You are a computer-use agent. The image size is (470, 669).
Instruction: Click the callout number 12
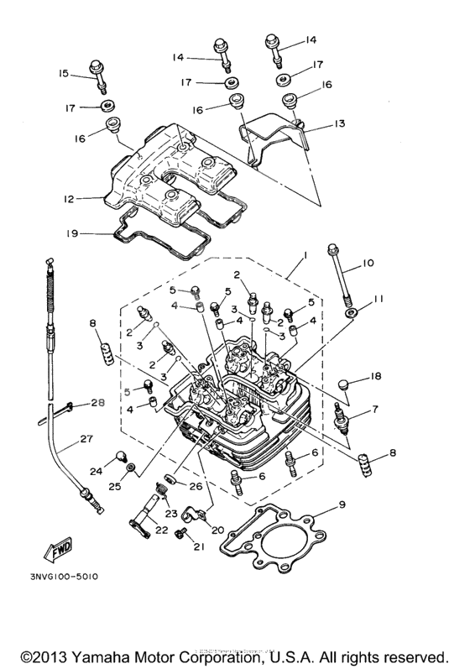tap(68, 199)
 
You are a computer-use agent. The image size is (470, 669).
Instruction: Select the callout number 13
tap(338, 123)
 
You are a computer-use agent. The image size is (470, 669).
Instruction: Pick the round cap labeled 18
tap(343, 384)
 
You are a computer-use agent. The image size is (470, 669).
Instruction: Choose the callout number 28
tap(97, 404)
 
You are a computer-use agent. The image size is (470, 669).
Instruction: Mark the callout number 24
tap(96, 472)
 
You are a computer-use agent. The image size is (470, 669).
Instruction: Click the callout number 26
tap(195, 484)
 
